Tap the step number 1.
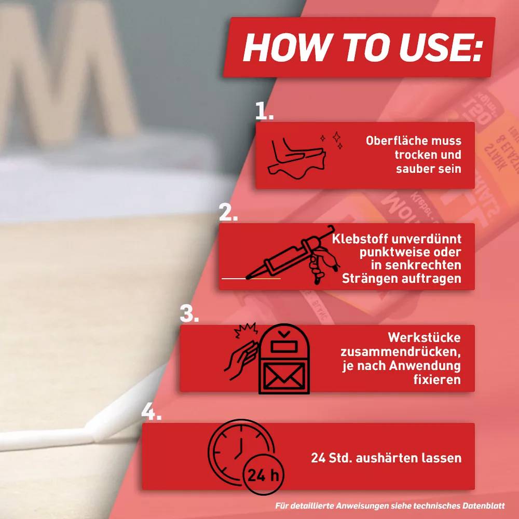264,111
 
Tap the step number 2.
228,212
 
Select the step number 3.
189,313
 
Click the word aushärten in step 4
388,458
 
